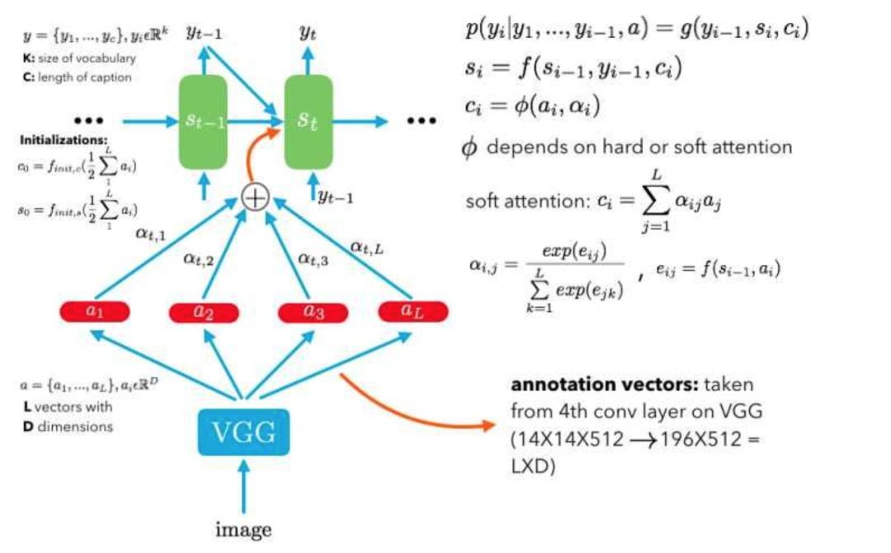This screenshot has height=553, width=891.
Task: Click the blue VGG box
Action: pyautogui.click(x=243, y=432)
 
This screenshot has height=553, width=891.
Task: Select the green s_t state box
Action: pyautogui.click(x=309, y=121)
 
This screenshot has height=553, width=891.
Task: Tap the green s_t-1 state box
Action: pyautogui.click(x=202, y=121)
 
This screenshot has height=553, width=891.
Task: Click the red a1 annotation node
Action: pyautogui.click(x=96, y=311)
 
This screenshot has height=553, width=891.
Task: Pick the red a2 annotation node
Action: pyautogui.click(x=204, y=312)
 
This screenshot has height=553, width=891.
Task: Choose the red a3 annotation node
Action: pyautogui.click(x=312, y=312)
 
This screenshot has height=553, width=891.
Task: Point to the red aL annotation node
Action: pyautogui.click(x=412, y=311)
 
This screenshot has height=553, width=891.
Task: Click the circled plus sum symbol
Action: pyautogui.click(x=256, y=198)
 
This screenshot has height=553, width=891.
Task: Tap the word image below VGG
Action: pyautogui.click(x=243, y=530)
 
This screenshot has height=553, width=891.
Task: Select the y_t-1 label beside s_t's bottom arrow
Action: pyautogui.click(x=337, y=198)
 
